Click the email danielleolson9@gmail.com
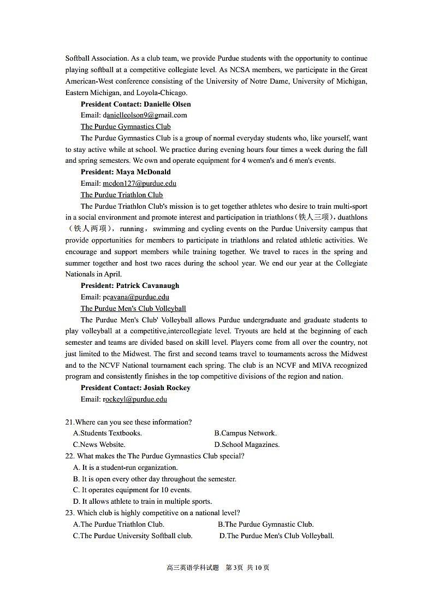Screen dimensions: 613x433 pos(145,115)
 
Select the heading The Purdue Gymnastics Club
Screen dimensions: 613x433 pos(126,127)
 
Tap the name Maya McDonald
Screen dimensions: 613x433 pos(143,172)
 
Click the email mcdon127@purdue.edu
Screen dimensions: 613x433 pos(139,184)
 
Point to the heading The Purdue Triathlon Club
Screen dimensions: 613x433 pos(122,195)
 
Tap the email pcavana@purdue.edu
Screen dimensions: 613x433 pos(135,297)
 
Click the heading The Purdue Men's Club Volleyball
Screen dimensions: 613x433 pos(133,309)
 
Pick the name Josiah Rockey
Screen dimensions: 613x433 pos(167,388)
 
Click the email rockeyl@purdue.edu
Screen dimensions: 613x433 pos(134,399)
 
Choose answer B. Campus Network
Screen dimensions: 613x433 pos(245,433)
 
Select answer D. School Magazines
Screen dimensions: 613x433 pos(247,445)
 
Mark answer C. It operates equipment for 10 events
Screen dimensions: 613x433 pos(132,490)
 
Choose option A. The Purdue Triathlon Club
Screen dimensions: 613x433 pos(118,524)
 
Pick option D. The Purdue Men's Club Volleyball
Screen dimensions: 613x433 pos(276,536)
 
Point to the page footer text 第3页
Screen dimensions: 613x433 pos(234,568)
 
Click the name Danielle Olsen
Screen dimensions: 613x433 pos(167,104)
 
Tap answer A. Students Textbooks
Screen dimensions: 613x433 pos(108,433)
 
